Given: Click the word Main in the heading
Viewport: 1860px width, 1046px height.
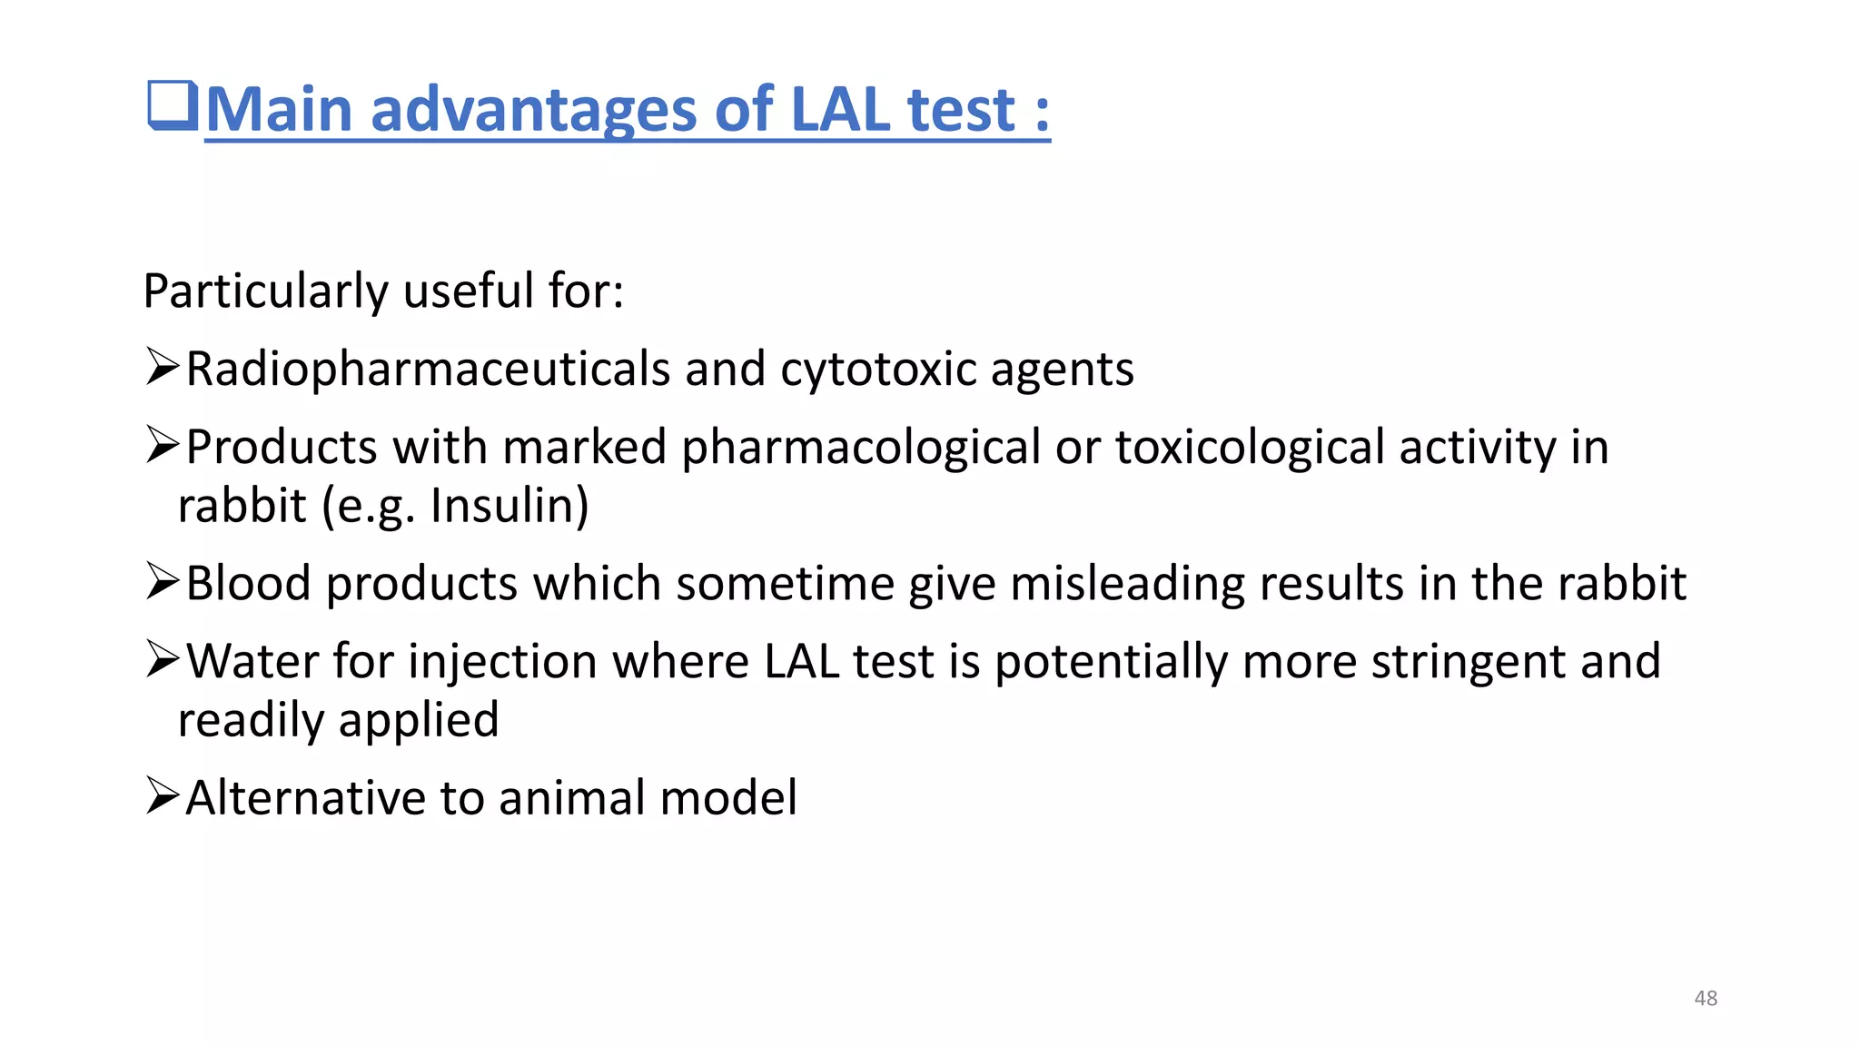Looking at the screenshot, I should tap(278, 110).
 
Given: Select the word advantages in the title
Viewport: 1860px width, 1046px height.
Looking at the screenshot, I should tap(534, 110).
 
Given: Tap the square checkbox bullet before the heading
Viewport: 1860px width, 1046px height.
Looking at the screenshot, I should tap(173, 106).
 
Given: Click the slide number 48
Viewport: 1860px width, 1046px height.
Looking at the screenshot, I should tap(1706, 998).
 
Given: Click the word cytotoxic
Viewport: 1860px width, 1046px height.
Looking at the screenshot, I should tap(877, 370).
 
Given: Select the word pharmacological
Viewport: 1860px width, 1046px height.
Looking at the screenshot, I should tap(861, 448).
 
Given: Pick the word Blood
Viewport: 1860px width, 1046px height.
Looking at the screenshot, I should tap(248, 583).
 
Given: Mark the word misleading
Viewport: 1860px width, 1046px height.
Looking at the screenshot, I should tap(1126, 583).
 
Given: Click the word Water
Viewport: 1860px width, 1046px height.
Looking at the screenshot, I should tap(252, 661).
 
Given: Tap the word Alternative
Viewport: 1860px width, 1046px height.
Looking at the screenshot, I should tap(305, 797).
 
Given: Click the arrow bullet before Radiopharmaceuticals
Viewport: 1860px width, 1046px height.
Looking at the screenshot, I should tap(163, 368).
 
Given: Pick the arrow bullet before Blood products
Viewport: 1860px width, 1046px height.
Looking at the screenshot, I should tap(163, 582).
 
